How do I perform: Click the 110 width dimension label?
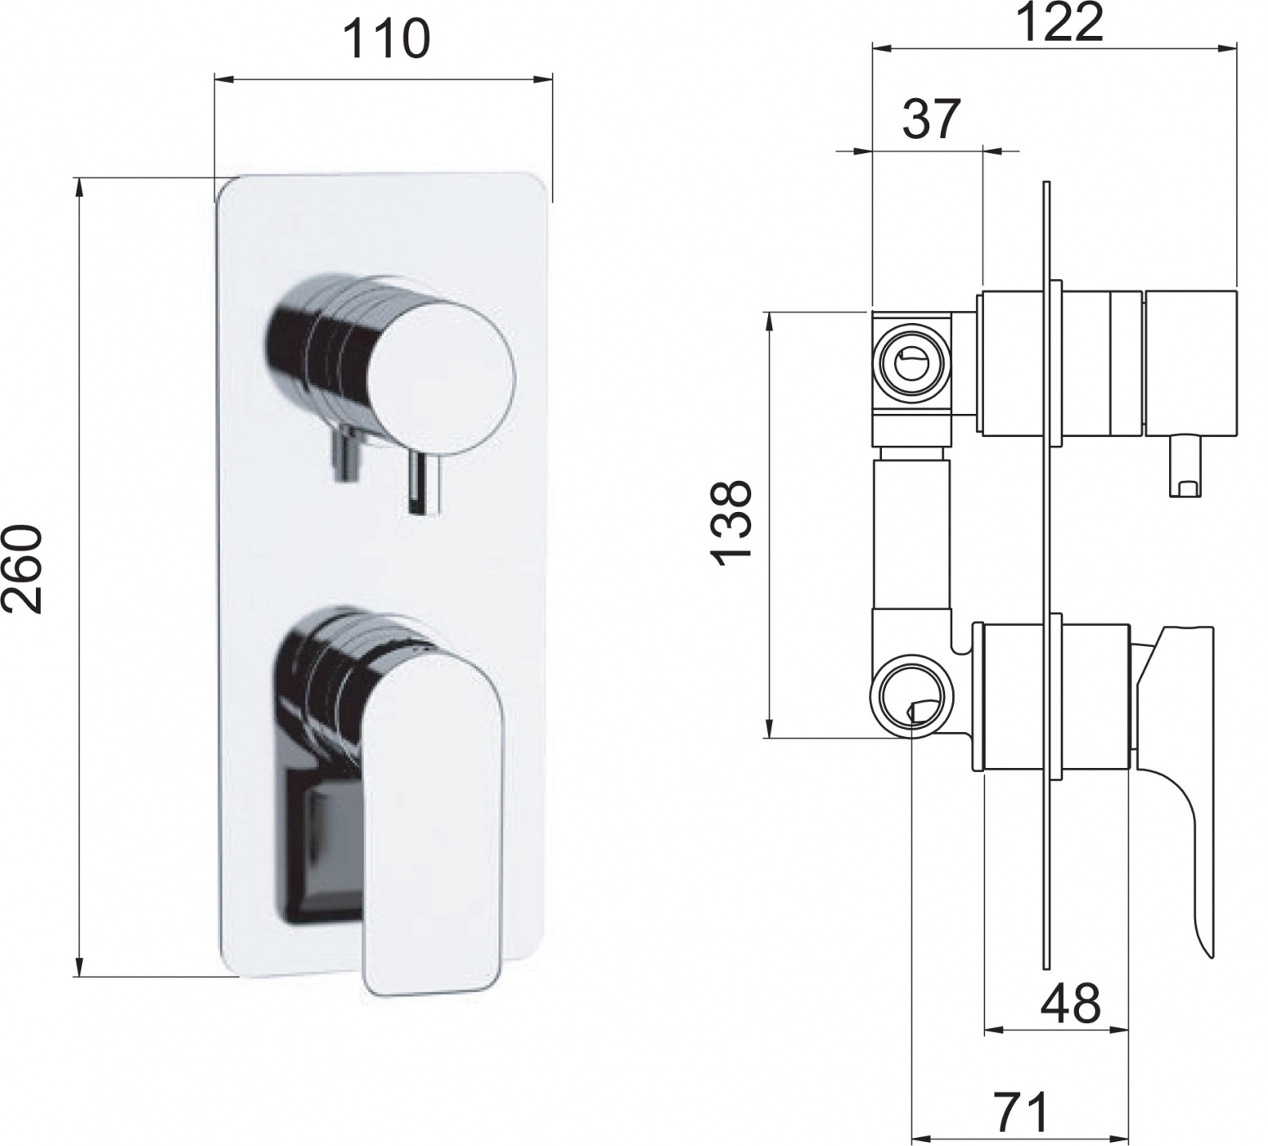point(385,38)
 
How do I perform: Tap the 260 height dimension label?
point(22,569)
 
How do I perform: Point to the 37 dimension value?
point(931,119)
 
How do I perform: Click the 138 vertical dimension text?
point(731,521)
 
